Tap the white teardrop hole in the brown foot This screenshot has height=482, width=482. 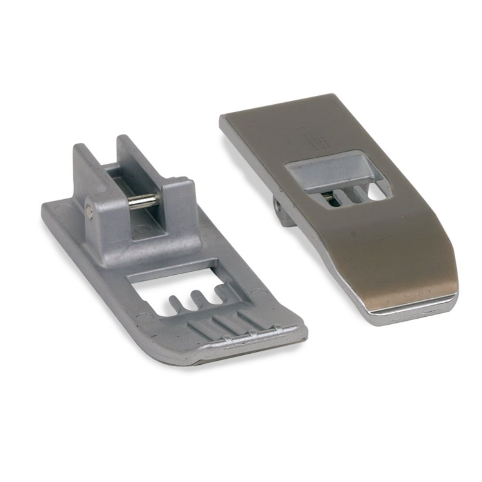point(376,195)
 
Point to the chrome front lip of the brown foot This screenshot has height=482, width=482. point(410,311)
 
